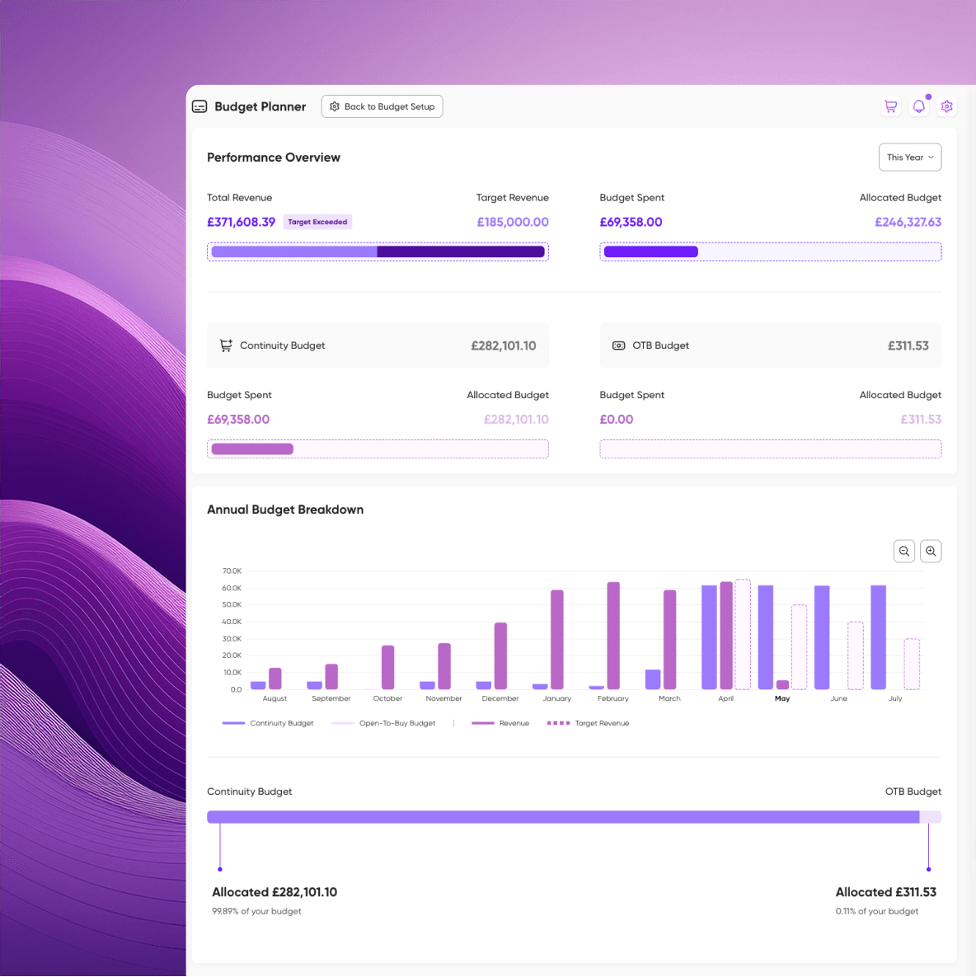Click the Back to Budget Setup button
(382, 106)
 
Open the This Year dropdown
(909, 157)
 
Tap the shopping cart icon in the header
(890, 106)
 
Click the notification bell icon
(918, 106)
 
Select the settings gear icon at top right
(946, 106)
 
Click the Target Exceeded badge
(317, 222)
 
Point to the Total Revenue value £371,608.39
(241, 222)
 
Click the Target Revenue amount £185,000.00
(513, 222)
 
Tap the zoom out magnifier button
(903, 551)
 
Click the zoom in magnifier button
(931, 551)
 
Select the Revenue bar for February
(613, 636)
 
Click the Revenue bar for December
(500, 655)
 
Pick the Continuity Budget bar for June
(822, 637)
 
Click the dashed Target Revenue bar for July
(912, 664)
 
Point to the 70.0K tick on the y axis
(232, 571)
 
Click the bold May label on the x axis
(782, 698)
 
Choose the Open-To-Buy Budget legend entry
(383, 723)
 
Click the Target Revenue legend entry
(588, 723)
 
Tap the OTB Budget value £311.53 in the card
(908, 345)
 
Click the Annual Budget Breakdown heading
(285, 510)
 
